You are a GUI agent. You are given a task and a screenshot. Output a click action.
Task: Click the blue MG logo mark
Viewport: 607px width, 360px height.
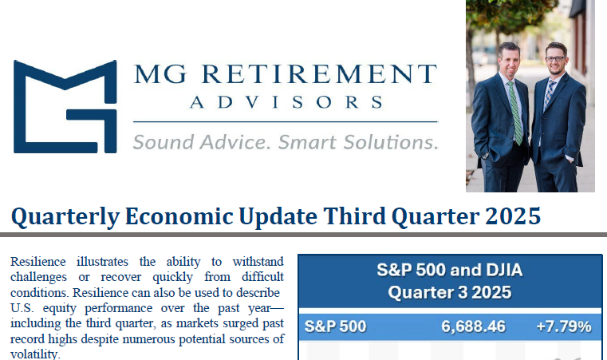point(65,106)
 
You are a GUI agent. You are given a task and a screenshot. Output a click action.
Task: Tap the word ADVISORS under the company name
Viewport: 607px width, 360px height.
point(286,103)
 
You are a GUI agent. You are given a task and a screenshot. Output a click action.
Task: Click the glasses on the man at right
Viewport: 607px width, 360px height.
point(555,59)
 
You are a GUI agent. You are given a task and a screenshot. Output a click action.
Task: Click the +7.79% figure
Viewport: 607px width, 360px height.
point(563,326)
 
